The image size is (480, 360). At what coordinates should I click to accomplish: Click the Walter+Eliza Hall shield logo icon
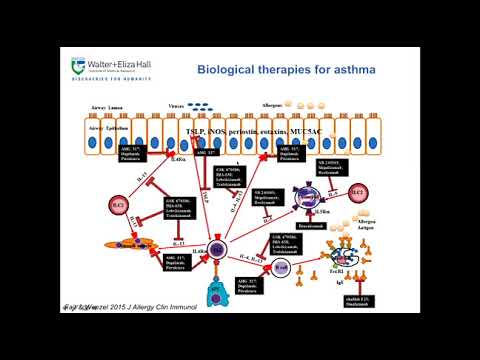tap(78, 66)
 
